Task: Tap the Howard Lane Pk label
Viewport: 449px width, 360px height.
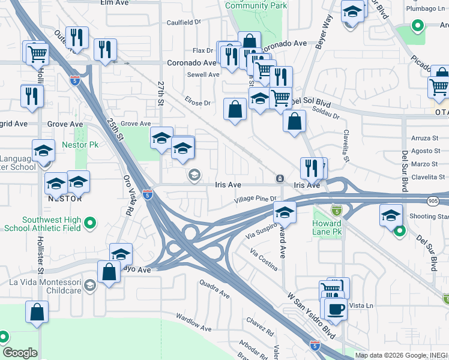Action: (327, 227)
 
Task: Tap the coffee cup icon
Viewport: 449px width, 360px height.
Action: (335, 309)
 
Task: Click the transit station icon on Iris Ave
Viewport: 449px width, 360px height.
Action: (280, 179)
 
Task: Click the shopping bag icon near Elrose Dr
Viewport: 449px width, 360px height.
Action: (235, 109)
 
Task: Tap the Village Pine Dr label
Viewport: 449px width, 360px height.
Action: (255, 199)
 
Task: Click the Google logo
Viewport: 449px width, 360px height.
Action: (20, 353)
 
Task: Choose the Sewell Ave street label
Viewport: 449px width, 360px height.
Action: (203, 74)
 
